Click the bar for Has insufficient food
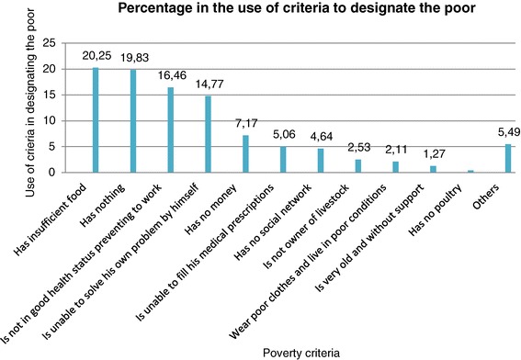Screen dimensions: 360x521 click(x=96, y=120)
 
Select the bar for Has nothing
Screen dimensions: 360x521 click(x=133, y=121)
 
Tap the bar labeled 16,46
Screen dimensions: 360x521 click(x=171, y=129)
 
